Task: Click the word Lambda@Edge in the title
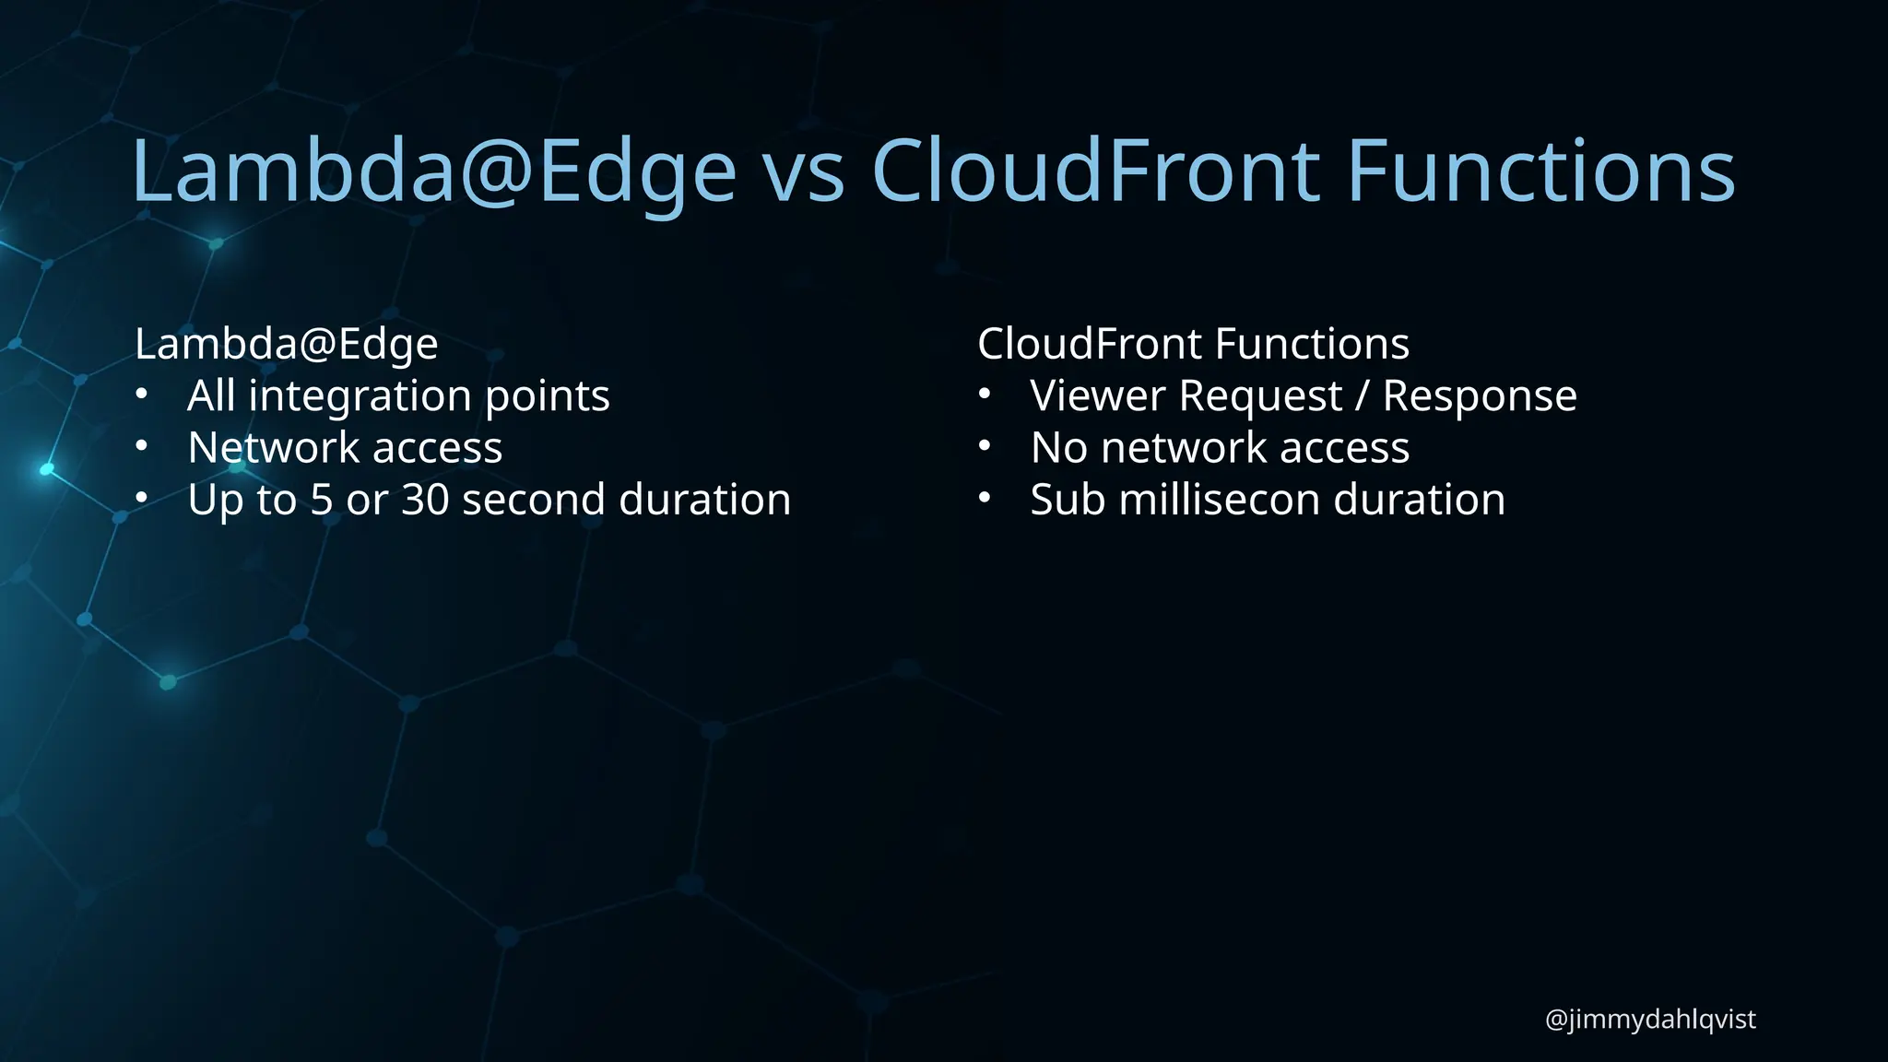pos(433,171)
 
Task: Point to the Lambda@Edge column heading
pos(286,345)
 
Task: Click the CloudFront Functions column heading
pos(1193,344)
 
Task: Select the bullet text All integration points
pos(398,396)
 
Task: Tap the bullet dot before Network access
pos(141,446)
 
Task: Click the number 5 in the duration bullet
pos(321,500)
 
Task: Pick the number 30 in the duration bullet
pos(425,500)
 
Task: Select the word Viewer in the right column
pos(1097,396)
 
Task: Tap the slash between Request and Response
pos(1362,396)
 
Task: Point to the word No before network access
pos(1059,448)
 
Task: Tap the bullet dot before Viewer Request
pos(985,395)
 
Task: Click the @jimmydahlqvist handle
pos(1649,1020)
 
